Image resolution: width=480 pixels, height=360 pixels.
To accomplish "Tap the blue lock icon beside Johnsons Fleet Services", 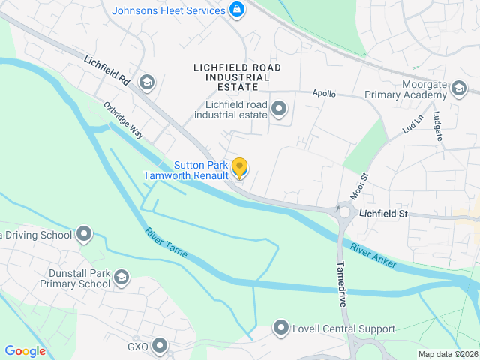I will coord(237,10).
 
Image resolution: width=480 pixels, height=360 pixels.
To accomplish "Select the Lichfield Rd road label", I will coord(107,70).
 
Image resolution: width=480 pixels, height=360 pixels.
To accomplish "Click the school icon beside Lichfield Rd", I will coord(147,82).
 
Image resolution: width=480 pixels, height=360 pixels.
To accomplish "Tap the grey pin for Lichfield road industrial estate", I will coord(279,109).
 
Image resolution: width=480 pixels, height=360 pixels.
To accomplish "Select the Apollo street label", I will coord(324,94).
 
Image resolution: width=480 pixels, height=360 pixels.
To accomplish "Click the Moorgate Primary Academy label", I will coord(405,90).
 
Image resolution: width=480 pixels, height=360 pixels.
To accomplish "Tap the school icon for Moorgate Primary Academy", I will coord(458,91).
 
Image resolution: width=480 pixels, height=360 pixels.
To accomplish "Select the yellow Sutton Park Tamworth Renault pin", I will coord(240,167).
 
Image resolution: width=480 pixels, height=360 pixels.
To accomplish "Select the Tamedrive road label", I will coord(341,281).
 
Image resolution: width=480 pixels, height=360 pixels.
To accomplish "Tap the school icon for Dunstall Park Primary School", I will coord(120,279).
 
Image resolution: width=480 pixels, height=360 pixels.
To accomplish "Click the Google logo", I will coord(25,350).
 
